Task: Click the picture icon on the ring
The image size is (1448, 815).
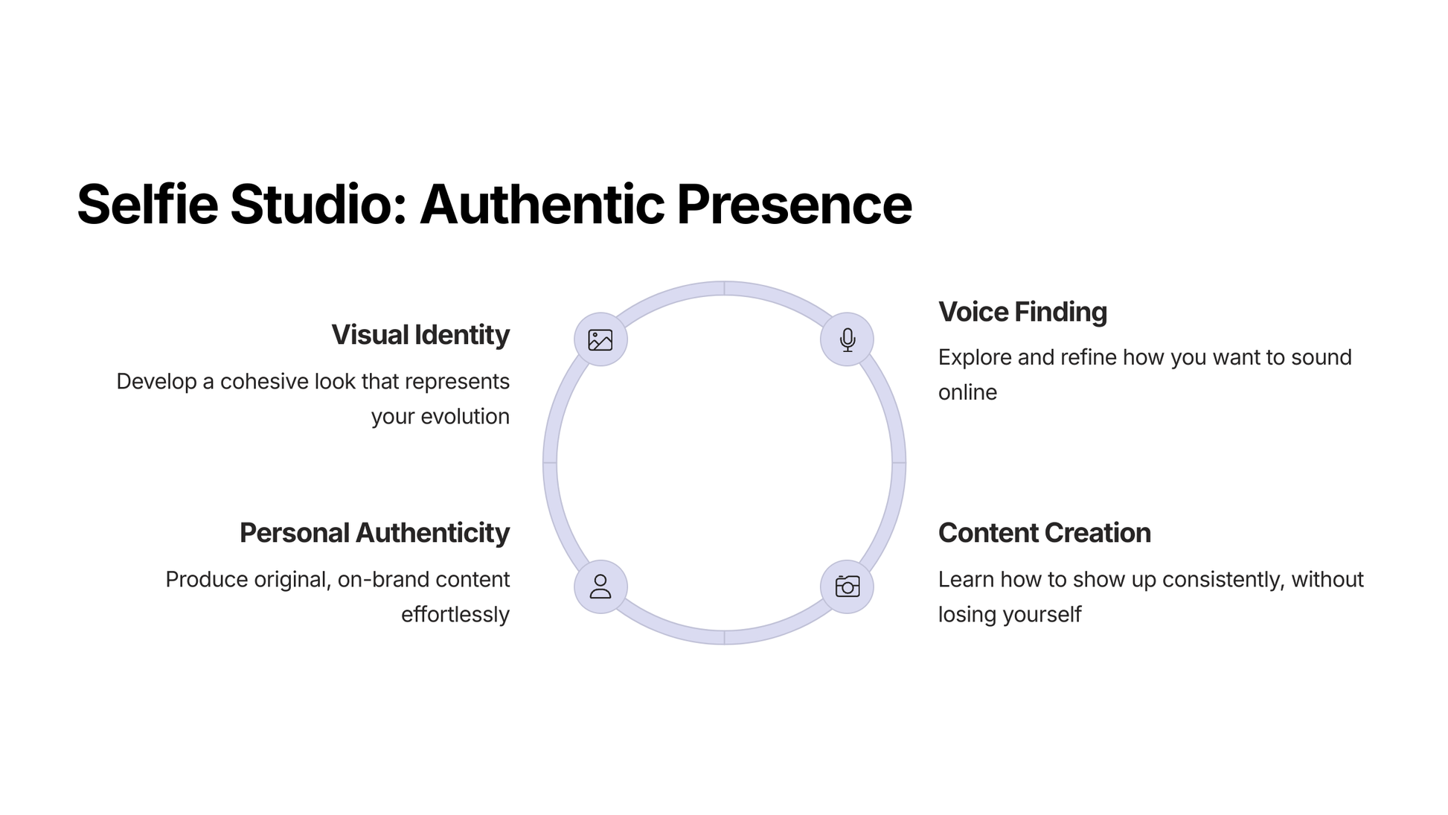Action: (x=600, y=340)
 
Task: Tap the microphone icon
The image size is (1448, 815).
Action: (x=847, y=340)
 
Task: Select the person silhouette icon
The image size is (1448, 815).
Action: (x=600, y=587)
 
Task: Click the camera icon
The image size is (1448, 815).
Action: (x=847, y=587)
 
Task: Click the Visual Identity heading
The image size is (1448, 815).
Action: (x=420, y=335)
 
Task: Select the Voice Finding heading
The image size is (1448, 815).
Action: (x=1022, y=312)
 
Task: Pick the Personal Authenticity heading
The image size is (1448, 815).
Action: (x=374, y=533)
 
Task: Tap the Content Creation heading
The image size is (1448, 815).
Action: (x=1044, y=533)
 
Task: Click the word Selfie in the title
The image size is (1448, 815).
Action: (x=147, y=204)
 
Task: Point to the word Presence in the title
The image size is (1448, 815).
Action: (x=794, y=204)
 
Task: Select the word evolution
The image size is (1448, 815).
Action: (x=465, y=417)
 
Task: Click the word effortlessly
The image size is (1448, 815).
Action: (x=455, y=615)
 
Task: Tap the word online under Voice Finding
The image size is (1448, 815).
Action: (x=967, y=392)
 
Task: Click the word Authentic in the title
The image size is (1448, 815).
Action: (x=542, y=204)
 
